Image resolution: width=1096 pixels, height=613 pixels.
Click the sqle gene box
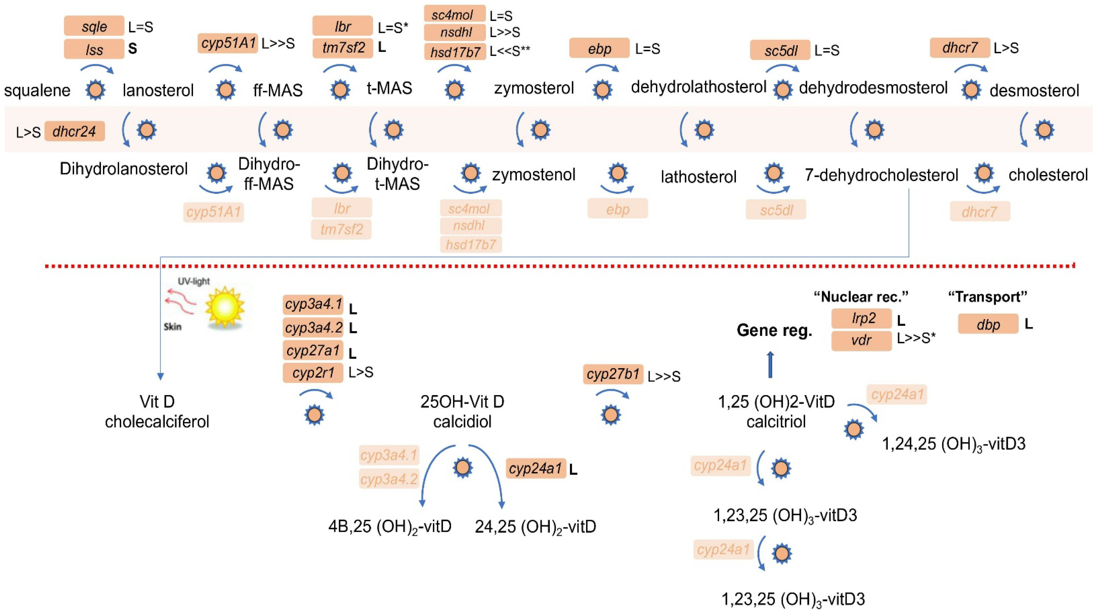click(94, 26)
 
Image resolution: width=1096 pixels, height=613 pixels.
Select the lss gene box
click(94, 49)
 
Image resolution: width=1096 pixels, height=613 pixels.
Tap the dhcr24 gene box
click(75, 132)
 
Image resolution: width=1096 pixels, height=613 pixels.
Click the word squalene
click(38, 90)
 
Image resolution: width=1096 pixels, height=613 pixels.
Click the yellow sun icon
click(225, 307)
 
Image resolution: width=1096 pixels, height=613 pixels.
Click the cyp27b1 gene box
click(613, 374)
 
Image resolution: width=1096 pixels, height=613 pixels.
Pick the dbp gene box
click(988, 325)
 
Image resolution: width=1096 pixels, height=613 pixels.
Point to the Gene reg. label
click(774, 330)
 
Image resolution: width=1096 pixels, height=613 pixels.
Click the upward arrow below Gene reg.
click(770, 365)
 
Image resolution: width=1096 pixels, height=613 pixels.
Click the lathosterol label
click(698, 176)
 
